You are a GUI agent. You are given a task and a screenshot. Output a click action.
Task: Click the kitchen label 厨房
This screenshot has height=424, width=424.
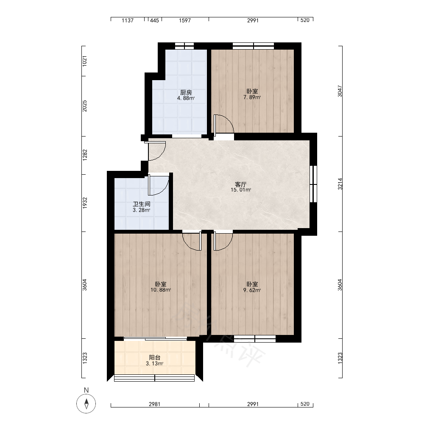[186, 92]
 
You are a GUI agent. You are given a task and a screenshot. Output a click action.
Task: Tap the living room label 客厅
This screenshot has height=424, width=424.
[241, 184]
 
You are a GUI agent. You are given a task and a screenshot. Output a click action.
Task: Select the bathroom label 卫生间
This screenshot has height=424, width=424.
[142, 204]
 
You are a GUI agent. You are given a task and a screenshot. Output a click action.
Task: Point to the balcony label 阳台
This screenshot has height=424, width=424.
[154, 358]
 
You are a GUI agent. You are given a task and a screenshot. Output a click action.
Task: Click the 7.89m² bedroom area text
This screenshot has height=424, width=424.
[252, 98]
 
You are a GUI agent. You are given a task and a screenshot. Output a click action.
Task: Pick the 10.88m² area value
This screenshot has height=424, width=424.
[161, 290]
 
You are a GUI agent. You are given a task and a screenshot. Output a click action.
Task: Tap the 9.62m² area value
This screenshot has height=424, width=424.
[252, 290]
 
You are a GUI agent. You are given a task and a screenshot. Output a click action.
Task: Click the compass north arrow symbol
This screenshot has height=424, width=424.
[86, 404]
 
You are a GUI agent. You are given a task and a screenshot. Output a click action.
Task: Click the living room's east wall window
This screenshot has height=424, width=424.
[313, 184]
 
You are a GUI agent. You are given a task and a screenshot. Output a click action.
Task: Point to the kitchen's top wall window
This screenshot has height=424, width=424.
[184, 46]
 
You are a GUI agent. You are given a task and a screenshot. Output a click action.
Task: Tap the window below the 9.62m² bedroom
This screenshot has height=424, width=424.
[255, 339]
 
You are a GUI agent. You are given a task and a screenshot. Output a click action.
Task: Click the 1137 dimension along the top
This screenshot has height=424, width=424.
[128, 20]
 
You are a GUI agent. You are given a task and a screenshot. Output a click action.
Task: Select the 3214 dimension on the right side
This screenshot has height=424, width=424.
[340, 184]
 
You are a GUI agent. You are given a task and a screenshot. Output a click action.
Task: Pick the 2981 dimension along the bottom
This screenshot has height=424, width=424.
[154, 404]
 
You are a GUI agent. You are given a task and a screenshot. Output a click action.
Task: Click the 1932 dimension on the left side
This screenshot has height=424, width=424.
[85, 203]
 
